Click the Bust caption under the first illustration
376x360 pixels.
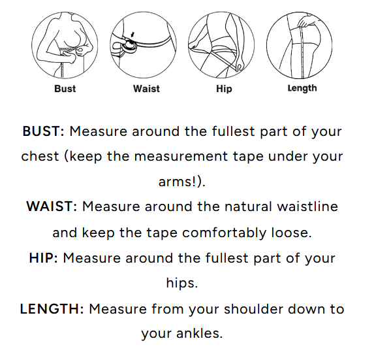[x=65, y=89]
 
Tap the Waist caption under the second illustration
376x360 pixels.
[x=146, y=89]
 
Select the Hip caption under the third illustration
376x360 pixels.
[x=224, y=89]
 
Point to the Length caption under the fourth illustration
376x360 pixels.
[x=302, y=88]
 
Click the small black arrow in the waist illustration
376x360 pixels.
[x=133, y=35]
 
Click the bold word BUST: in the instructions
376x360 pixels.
[x=43, y=131]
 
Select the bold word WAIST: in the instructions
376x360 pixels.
[x=52, y=206]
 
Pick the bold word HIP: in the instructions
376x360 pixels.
[x=43, y=258]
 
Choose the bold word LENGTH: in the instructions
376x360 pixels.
[x=52, y=309]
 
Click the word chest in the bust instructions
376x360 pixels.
[x=40, y=156]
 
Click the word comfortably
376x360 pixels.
[x=224, y=233]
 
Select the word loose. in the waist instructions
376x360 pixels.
[x=291, y=233]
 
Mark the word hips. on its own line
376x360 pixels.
[x=182, y=283]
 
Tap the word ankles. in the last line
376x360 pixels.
[x=200, y=334]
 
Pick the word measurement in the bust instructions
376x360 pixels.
[x=181, y=157]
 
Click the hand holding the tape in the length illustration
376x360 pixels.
[x=306, y=22]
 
